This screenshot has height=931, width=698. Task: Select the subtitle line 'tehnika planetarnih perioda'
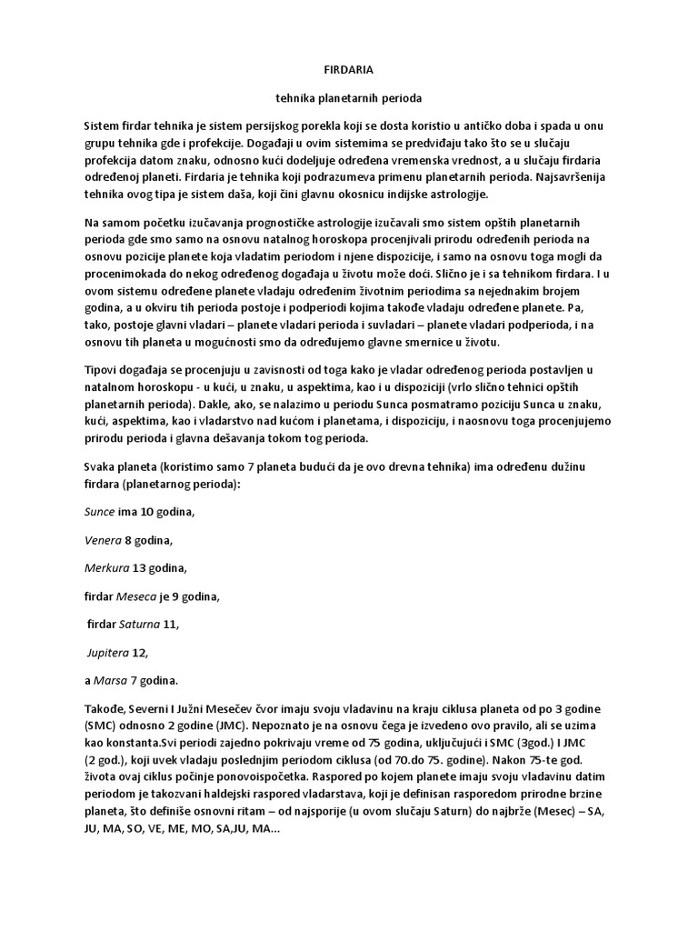coord(349,96)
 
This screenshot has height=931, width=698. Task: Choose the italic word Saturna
coord(140,625)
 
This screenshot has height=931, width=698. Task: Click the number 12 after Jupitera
coord(141,652)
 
